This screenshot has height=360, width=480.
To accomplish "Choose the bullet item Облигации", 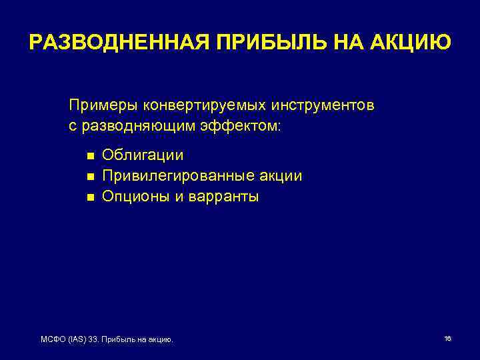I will point(143,156).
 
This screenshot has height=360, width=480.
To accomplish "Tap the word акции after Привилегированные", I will point(280,176).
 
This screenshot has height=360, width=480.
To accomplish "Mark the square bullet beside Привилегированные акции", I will point(90,177).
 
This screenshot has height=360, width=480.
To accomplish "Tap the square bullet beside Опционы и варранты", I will point(90,197).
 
